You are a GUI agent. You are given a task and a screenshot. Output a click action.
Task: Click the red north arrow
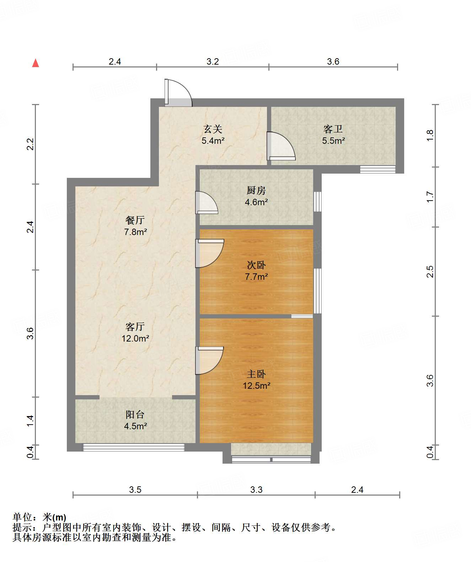click(x=36, y=63)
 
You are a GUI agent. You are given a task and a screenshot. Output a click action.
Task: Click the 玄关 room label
click(x=213, y=129)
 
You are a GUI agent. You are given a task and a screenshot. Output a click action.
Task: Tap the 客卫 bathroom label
click(x=333, y=129)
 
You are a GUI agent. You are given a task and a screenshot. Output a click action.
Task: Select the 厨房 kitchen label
click(x=256, y=191)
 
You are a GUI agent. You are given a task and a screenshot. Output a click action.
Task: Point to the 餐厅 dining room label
click(x=135, y=220)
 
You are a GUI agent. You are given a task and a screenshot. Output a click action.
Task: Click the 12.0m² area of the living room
click(x=135, y=338)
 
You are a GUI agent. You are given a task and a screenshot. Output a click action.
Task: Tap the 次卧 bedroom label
click(x=256, y=265)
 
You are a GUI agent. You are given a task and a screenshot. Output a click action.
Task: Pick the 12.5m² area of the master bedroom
click(x=257, y=386)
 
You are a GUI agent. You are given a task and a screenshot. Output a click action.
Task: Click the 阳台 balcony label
click(x=135, y=415)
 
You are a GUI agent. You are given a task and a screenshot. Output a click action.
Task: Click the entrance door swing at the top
click(x=178, y=93)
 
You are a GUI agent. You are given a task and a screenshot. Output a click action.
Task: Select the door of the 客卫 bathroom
click(x=281, y=146)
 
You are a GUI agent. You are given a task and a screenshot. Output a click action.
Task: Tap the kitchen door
click(x=207, y=202)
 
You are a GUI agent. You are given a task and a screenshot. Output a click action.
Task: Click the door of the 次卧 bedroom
click(x=210, y=253)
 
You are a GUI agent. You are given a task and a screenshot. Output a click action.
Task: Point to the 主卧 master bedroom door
click(x=209, y=360)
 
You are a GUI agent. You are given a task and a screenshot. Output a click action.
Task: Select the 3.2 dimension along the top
click(x=213, y=62)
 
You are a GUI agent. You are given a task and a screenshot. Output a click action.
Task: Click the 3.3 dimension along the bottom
click(x=256, y=490)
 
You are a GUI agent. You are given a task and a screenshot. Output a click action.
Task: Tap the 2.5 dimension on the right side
click(x=430, y=271)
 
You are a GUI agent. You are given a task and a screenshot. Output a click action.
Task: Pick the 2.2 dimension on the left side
click(x=30, y=144)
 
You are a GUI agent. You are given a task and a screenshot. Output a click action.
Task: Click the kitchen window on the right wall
click(x=317, y=202)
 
